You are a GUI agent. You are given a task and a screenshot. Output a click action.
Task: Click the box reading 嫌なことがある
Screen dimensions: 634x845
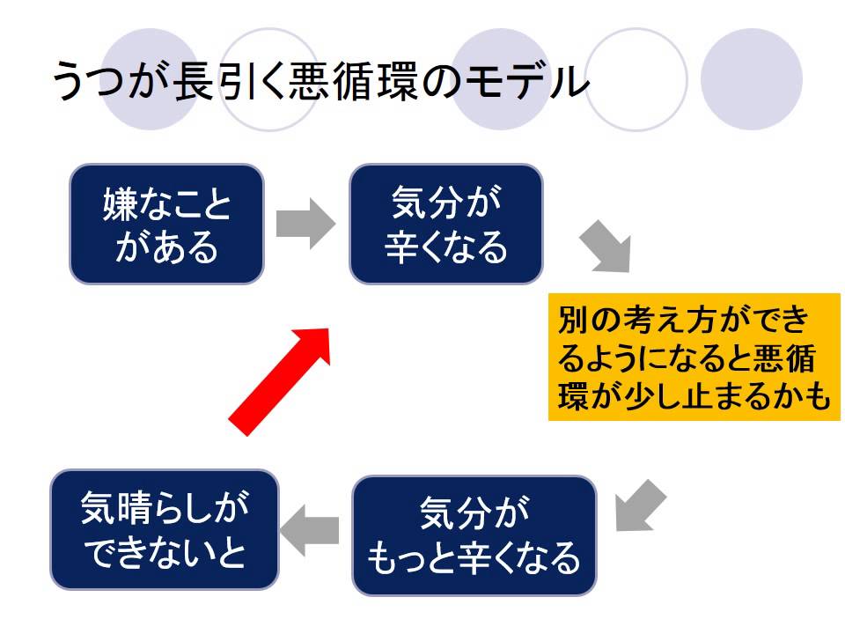pos(166,224)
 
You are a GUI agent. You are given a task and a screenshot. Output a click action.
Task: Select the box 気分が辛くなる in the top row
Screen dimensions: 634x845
pos(445,224)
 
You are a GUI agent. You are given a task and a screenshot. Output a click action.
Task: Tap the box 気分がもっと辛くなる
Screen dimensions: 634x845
pos(474,534)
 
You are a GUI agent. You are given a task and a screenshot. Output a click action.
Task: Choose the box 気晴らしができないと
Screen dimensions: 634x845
pos(164,529)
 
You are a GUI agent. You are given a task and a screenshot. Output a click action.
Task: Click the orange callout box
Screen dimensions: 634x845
pos(689,357)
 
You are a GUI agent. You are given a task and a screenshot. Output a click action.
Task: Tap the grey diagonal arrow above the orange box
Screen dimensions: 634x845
pos(606,247)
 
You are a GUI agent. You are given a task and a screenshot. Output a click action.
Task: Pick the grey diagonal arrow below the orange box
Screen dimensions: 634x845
pos(639,505)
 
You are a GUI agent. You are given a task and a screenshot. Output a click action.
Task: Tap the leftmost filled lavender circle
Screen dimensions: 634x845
pos(148,78)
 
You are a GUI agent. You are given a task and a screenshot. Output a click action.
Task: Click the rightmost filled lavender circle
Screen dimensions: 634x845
pos(752,78)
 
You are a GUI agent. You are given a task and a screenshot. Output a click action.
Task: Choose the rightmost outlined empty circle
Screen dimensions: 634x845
pos(636,78)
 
